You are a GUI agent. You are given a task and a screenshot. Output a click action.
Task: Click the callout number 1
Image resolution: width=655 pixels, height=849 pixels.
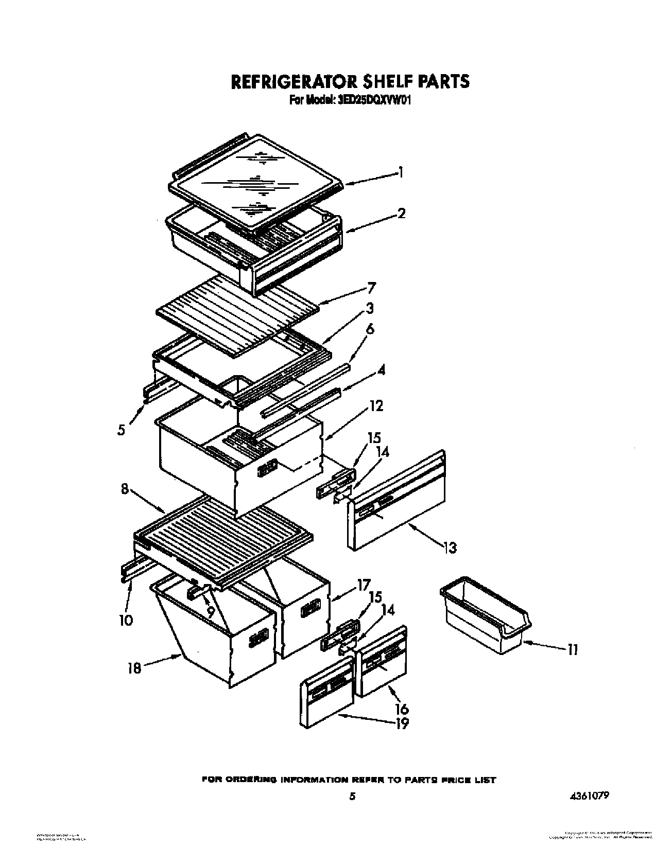pos(401,173)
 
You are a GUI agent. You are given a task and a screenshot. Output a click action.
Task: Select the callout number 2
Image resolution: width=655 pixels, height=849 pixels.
pos(401,213)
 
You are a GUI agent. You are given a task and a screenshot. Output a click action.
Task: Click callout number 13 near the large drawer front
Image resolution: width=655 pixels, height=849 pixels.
pos(450,548)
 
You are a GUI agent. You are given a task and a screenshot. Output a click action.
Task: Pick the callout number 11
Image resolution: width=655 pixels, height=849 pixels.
pos(573,650)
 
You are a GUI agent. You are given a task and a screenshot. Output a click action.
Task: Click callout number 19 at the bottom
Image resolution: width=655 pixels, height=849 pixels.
pos(402,723)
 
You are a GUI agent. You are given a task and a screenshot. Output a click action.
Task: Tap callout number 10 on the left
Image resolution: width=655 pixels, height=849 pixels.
pos(125,620)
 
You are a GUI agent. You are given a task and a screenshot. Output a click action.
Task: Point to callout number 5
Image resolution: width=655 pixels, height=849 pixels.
pos(120,430)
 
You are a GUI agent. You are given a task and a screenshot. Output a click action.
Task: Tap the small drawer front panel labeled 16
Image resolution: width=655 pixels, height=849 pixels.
pos(381,661)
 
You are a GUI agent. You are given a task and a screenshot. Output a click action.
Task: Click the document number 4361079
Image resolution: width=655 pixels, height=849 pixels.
pos(589,795)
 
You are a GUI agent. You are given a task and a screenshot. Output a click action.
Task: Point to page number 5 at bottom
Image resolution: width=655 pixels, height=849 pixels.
pos(352,797)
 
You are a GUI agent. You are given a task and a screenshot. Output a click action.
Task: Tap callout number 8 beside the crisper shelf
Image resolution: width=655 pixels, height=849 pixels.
pos(125,489)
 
